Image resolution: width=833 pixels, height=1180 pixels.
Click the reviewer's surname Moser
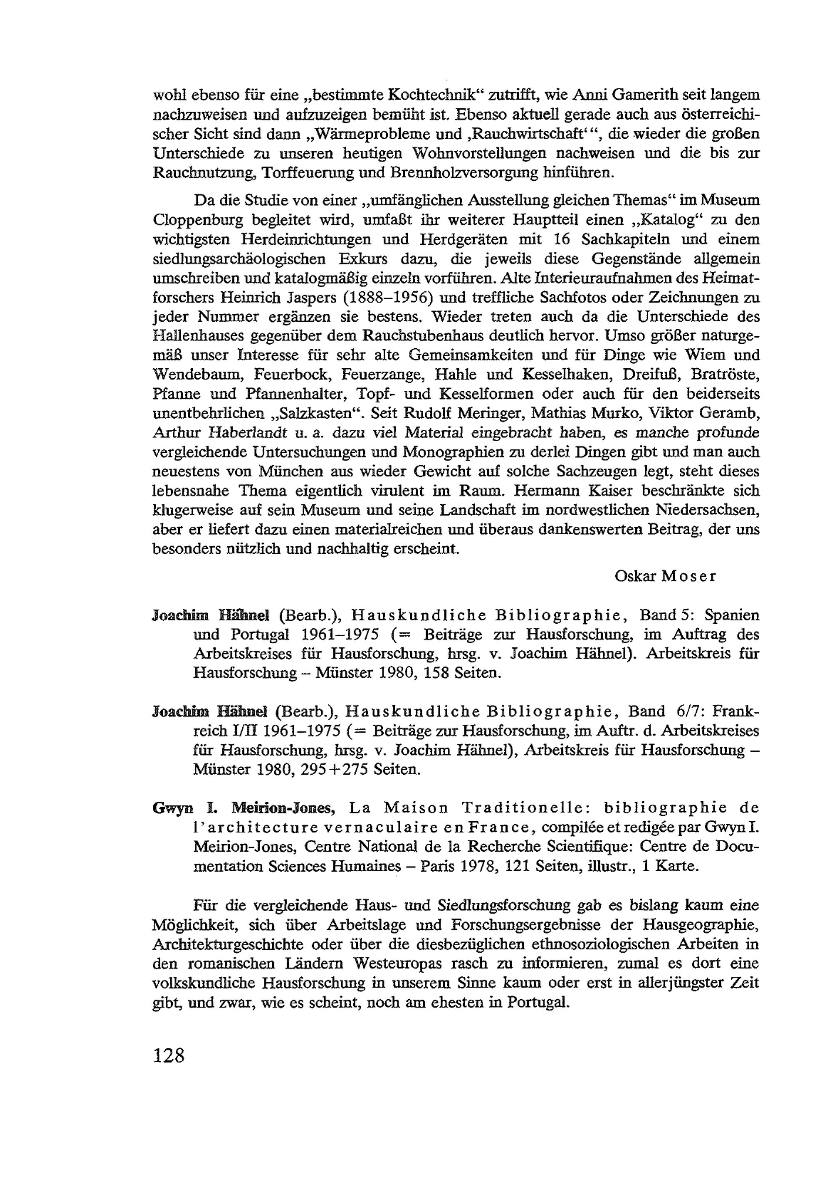coord(688,576)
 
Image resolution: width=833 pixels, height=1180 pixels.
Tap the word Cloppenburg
coord(197,220)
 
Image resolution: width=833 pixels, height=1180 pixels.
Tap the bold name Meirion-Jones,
coord(283,808)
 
